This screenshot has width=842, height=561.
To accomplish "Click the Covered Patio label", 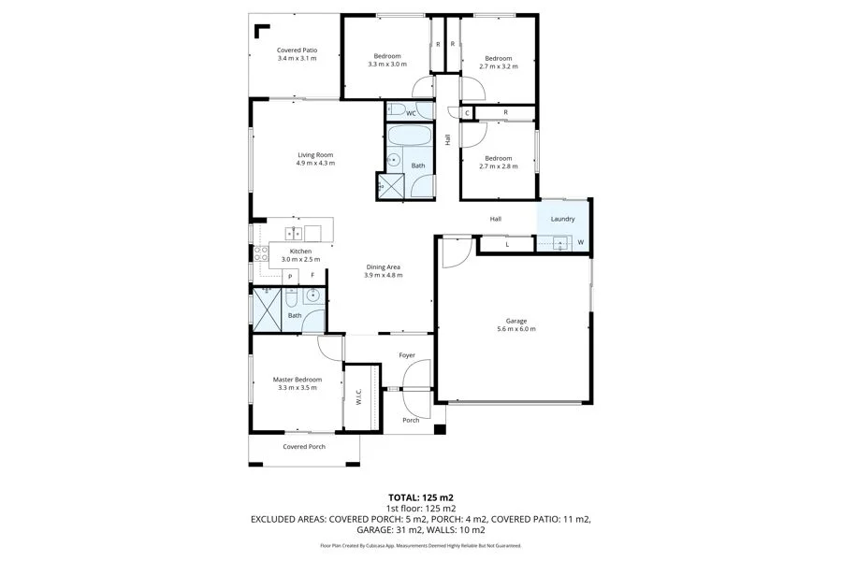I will point(297,50).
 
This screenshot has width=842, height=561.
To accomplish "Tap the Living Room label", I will point(315,155).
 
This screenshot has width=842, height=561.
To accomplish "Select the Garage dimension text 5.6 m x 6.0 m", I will point(515,329).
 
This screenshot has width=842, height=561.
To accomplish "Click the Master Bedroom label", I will point(297,380).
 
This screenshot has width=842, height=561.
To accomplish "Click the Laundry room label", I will point(562,219).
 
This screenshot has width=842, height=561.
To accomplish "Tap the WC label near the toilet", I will point(410,113).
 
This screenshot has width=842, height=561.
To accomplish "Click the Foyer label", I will point(407,355).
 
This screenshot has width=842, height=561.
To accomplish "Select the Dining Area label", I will point(384,266).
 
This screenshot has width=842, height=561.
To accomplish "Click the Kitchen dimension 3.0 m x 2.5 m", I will point(300,259).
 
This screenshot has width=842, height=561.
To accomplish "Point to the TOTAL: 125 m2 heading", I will point(420,497).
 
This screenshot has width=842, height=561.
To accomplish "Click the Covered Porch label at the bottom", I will point(304,447).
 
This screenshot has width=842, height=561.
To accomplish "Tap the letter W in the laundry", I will point(580,243).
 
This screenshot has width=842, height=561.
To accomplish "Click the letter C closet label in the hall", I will point(453,113).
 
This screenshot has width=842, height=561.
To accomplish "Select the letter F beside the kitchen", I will point(312,276).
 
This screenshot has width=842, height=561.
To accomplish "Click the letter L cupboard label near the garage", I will point(506,244).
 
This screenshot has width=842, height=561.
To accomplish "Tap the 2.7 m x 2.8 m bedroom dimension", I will point(498,166).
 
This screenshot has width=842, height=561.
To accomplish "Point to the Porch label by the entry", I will point(411,420).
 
